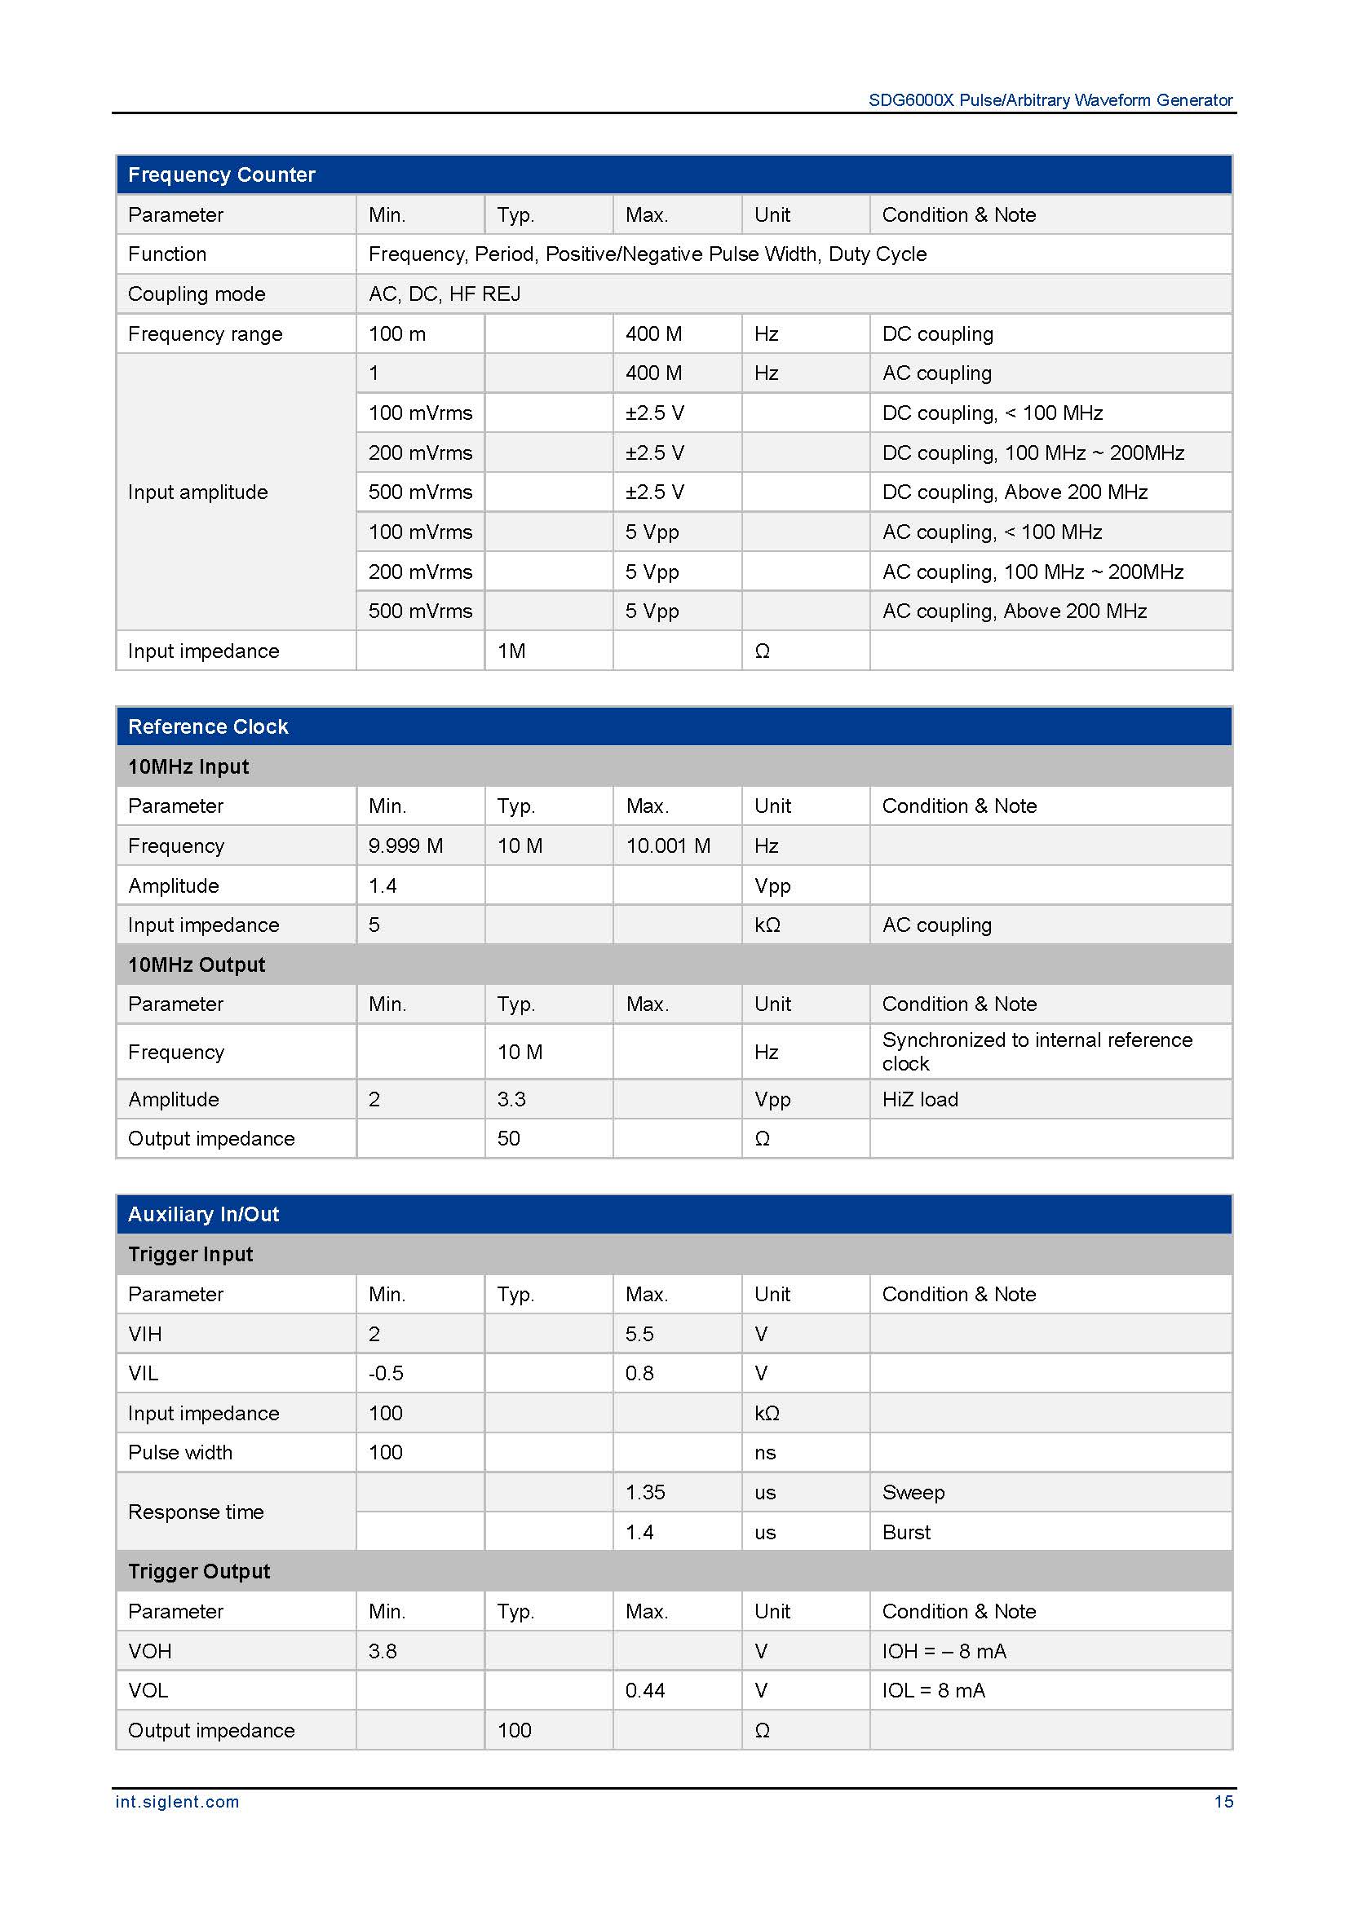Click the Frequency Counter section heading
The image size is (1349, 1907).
(221, 174)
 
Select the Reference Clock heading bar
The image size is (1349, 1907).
(208, 726)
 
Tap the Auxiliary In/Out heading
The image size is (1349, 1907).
(204, 1213)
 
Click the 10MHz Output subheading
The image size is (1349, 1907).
(196, 965)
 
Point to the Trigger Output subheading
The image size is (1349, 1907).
(198, 1570)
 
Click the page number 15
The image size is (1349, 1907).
(1223, 1801)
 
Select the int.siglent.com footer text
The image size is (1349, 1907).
(177, 1801)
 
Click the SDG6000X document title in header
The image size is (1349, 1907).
(1050, 100)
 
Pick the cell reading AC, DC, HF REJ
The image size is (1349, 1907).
(445, 294)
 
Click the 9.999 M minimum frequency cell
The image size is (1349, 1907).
(405, 845)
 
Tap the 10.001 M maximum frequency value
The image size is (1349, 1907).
(668, 845)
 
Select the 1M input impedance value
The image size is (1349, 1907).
(511, 651)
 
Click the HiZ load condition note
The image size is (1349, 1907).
(919, 1099)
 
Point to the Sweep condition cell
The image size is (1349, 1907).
(913, 1492)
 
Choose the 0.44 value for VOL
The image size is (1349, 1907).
(644, 1689)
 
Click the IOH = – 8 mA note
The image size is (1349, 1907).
(944, 1650)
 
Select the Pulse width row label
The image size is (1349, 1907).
(180, 1452)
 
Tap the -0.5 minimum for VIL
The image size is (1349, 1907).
(386, 1373)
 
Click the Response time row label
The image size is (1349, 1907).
(196, 1512)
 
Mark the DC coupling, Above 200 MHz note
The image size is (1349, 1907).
(1015, 492)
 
